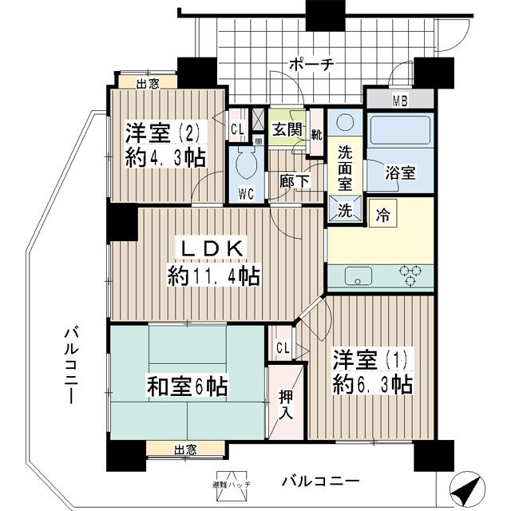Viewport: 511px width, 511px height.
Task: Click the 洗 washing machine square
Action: [344, 211]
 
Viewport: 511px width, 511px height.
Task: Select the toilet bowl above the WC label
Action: [245, 165]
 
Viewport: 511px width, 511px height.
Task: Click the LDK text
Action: [212, 248]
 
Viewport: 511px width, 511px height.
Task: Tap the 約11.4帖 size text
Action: [212, 276]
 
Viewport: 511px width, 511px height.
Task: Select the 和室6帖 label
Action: [187, 389]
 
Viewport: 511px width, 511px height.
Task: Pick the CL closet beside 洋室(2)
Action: [237, 129]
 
